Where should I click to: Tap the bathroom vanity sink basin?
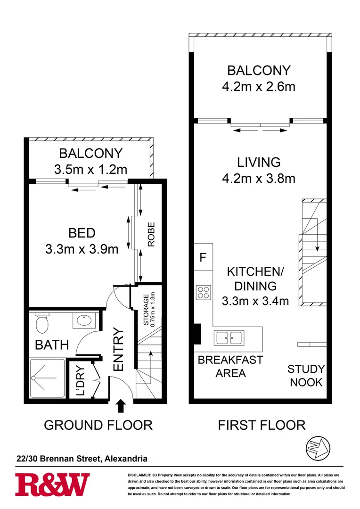click(84, 320)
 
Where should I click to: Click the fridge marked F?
click(203, 257)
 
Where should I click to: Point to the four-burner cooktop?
click(204, 293)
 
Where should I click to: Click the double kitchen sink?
click(229, 337)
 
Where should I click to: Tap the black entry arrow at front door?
click(121, 405)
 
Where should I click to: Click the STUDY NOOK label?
click(306, 376)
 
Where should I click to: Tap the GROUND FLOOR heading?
click(98, 425)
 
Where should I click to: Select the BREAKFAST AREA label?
click(230, 367)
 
